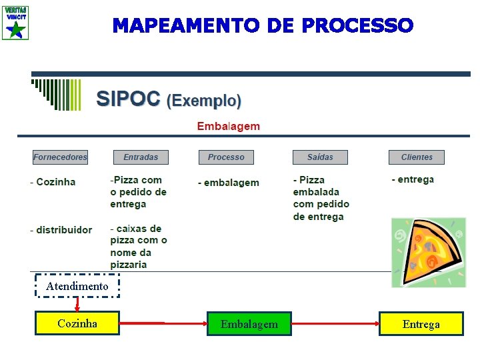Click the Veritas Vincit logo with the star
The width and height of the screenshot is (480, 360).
pyautogui.click(x=15, y=23)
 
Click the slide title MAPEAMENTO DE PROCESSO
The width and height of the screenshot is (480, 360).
pyautogui.click(x=263, y=26)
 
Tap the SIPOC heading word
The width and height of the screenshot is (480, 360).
pyautogui.click(x=128, y=100)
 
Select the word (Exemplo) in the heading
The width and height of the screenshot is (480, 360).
pyautogui.click(x=203, y=101)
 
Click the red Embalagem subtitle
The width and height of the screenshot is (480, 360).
pyautogui.click(x=228, y=126)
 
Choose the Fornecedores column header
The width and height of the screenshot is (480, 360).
pyautogui.click(x=61, y=157)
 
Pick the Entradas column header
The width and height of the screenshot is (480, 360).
pyautogui.click(x=141, y=157)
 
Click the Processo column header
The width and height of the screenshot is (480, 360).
pyautogui.click(x=226, y=157)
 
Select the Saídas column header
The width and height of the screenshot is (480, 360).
pyautogui.click(x=320, y=157)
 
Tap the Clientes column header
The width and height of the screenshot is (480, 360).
pyautogui.click(x=417, y=157)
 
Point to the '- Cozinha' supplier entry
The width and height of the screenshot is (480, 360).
pyautogui.click(x=53, y=182)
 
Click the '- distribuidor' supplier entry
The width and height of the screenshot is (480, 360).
pyautogui.click(x=61, y=230)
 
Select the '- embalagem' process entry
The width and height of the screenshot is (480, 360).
pyautogui.click(x=229, y=183)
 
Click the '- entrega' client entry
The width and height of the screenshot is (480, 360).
pyautogui.click(x=413, y=179)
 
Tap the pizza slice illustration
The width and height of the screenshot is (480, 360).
pyautogui.click(x=428, y=252)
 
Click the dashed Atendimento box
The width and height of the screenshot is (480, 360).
pyautogui.click(x=77, y=286)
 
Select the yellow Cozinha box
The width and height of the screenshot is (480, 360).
pyautogui.click(x=77, y=323)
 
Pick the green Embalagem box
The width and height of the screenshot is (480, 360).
pyautogui.click(x=249, y=324)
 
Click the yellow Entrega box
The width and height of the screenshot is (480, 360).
pyautogui.click(x=421, y=324)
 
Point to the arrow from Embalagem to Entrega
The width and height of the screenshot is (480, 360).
pyautogui.click(x=335, y=324)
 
